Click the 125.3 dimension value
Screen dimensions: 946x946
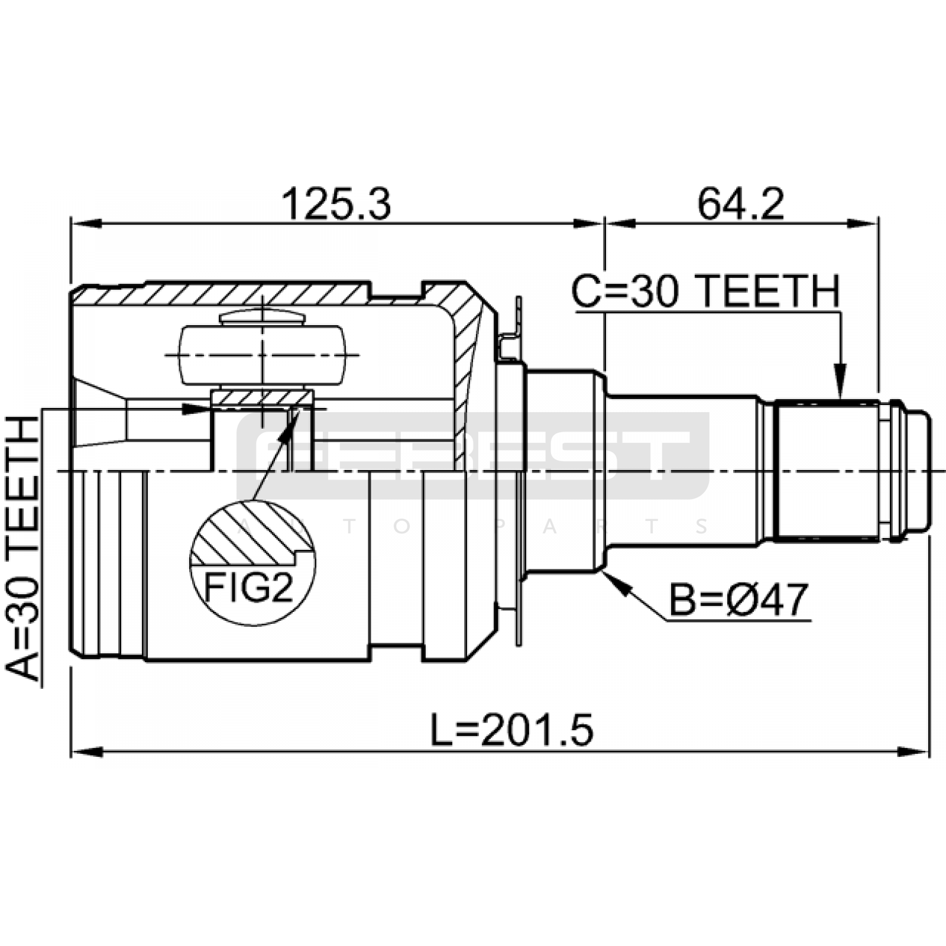(336, 204)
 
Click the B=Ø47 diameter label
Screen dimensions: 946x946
(738, 600)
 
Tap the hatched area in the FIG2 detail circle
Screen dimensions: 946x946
(251, 532)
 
